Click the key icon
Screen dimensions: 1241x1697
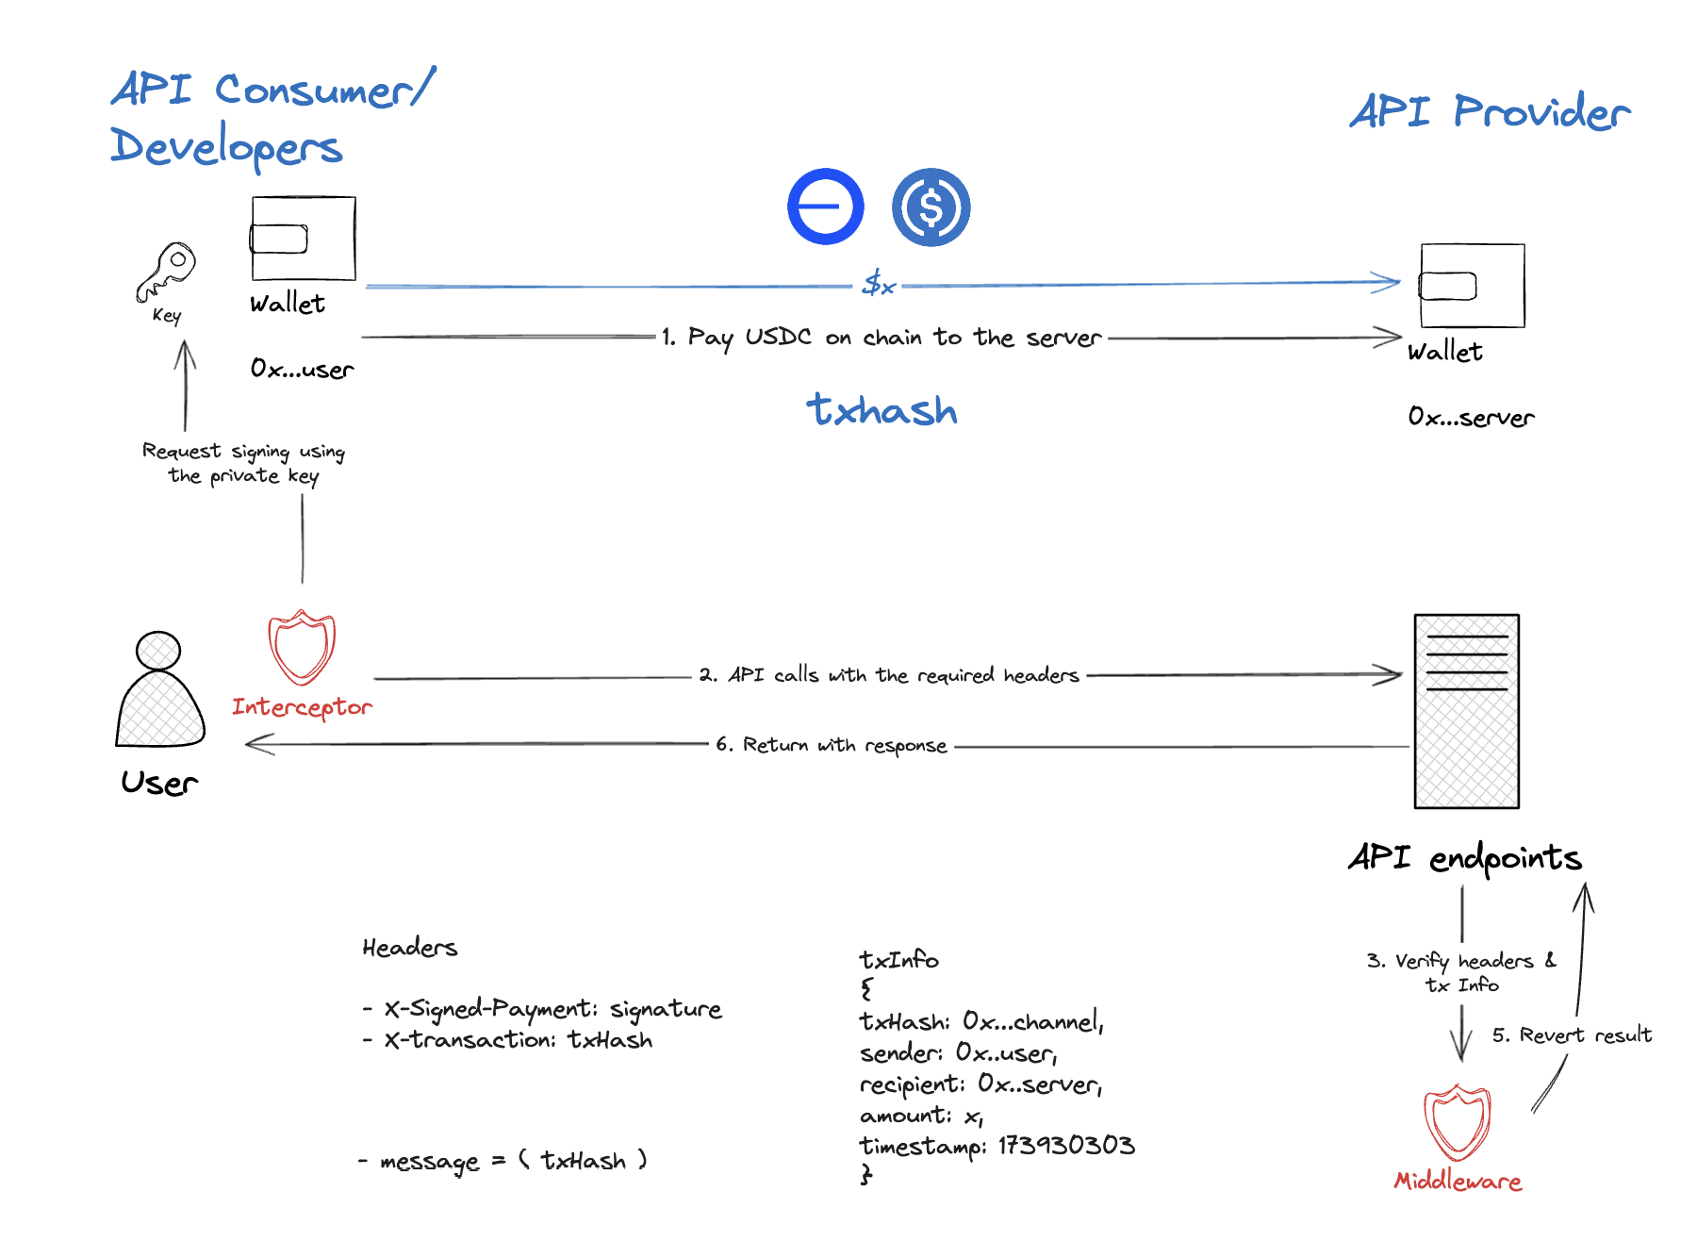pos(166,272)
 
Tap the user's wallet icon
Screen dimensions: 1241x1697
pos(303,239)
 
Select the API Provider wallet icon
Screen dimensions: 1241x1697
pos(1472,286)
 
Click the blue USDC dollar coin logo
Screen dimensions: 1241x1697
pos(931,207)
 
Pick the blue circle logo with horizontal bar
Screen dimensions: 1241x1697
pos(825,207)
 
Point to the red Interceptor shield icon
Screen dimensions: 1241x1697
pos(302,647)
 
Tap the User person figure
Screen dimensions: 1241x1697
pos(159,690)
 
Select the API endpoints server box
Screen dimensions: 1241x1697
pos(1466,711)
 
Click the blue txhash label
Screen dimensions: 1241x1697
pos(881,410)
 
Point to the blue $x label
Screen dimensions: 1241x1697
pos(878,283)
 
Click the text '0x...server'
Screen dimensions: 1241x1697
pos(1471,417)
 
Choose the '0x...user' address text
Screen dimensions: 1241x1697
pos(302,369)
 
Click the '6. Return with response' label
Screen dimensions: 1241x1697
pos(831,745)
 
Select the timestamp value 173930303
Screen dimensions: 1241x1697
pos(1066,1146)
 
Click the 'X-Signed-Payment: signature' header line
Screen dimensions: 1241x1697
pos(552,1009)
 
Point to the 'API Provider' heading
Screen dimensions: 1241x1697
pos(1490,112)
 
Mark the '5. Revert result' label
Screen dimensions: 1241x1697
pos(1572,1035)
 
